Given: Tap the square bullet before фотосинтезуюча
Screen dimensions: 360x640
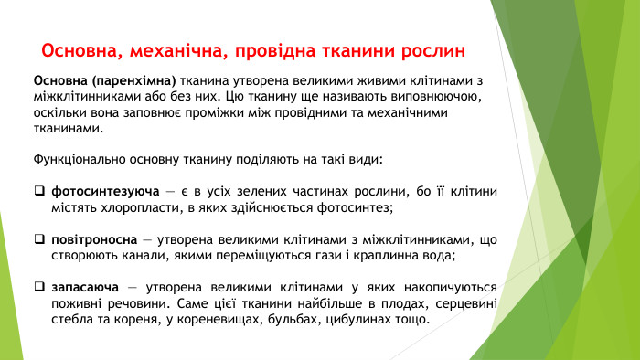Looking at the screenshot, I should click(x=39, y=192).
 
